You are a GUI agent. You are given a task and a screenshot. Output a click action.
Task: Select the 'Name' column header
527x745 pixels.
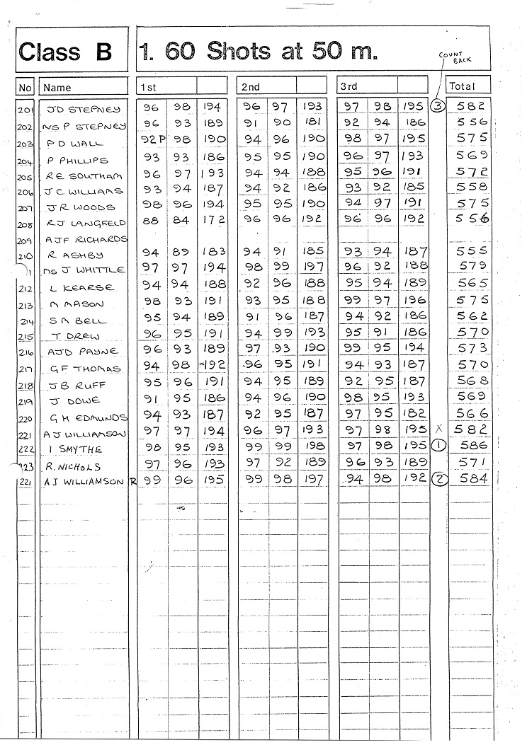tap(58, 88)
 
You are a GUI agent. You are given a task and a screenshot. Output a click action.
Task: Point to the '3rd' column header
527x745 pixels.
tap(348, 86)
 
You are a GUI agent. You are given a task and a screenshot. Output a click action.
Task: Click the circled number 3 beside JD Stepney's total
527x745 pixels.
tap(438, 106)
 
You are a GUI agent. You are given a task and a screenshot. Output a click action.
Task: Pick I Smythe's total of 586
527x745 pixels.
tap(472, 446)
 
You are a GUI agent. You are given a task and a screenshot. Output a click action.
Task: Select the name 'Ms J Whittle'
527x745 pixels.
tap(84, 270)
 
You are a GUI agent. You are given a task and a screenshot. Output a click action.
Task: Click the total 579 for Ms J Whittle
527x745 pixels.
tap(472, 265)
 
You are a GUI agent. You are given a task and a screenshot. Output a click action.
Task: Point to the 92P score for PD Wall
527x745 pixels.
tap(151, 139)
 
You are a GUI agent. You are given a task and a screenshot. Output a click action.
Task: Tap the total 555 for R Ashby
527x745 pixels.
tap(472, 250)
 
